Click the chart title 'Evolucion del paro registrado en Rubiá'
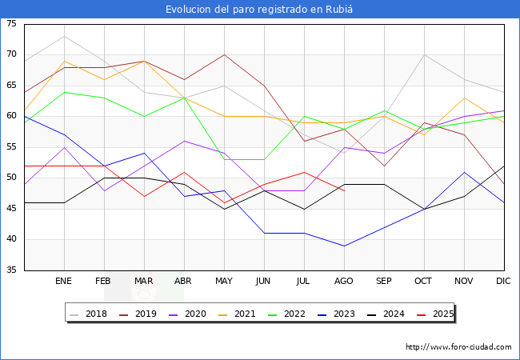260,9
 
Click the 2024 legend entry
389,314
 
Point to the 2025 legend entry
438,314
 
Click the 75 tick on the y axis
11,24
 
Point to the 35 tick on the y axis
11,270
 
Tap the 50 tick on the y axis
11,178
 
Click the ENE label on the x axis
64,282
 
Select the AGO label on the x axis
344,282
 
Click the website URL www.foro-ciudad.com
458,347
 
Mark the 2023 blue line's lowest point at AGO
344,246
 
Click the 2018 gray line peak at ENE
64,36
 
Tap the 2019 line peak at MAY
224,54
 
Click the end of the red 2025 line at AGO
344,190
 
